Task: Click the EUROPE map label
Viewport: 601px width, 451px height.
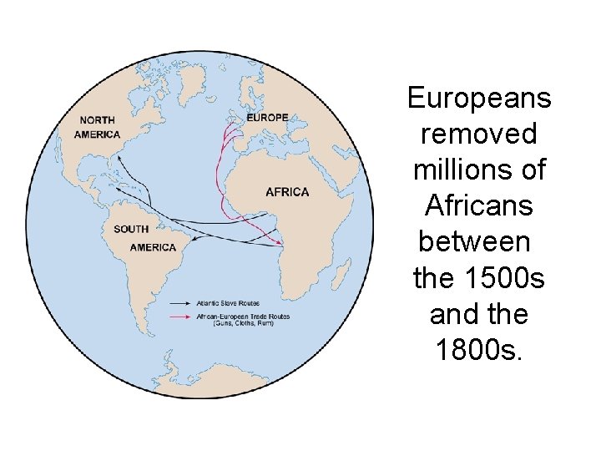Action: tap(267, 118)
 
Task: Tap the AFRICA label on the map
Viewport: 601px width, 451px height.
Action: tap(287, 192)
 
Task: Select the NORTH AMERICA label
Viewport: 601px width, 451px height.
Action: tap(98, 127)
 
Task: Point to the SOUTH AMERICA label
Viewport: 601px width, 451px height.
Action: tap(142, 238)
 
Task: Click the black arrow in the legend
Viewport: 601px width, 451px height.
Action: tap(181, 303)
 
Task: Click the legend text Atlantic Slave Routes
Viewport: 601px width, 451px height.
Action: tap(228, 303)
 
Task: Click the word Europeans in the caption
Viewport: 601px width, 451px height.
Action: tap(479, 99)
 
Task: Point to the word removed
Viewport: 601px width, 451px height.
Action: tap(479, 134)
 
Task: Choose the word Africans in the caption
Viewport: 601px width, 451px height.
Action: tap(479, 205)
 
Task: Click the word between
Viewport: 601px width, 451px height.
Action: tap(474, 241)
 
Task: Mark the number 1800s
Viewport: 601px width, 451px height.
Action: tap(479, 349)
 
